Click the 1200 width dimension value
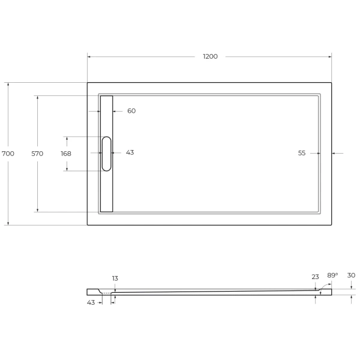pos(210,56)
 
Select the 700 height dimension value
pos(8,154)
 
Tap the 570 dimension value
pos(37,154)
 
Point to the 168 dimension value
pos(66,154)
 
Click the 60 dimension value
pos(131,111)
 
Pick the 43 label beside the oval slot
pos(130,152)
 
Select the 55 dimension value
pos(302,153)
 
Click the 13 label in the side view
pos(115,278)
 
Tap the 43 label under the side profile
pos(91,302)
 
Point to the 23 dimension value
pos(315,277)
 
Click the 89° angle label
pos(332,275)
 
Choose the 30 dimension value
pos(351,275)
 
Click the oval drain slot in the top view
pos(106,154)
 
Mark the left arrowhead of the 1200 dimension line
pos(89,56)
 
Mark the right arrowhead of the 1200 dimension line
pos(330,56)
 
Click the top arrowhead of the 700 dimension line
pos(8,84)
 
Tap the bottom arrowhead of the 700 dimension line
pos(8,223)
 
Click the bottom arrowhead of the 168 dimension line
pos(67,169)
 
